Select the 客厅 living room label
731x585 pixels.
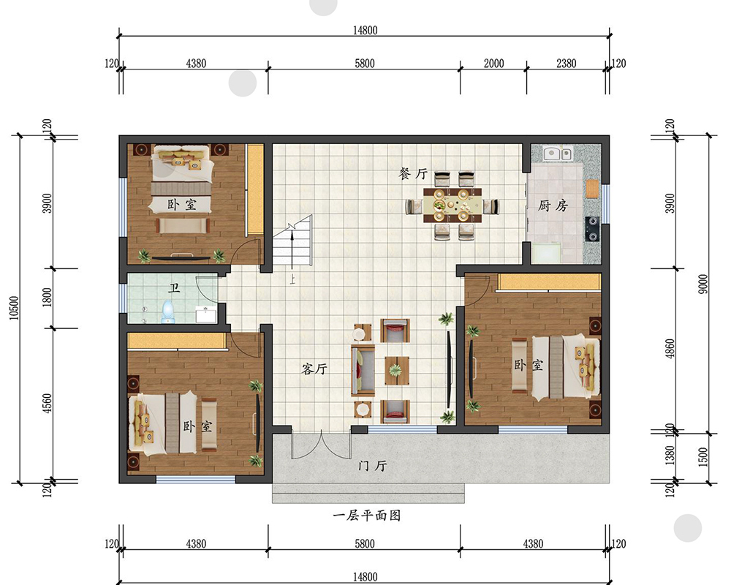click(x=314, y=369)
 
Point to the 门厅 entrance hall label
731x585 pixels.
click(x=372, y=466)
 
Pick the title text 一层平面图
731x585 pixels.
click(x=367, y=516)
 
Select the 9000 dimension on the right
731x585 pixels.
click(x=702, y=284)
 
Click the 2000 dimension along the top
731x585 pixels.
click(x=494, y=64)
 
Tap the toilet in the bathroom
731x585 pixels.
click(x=169, y=311)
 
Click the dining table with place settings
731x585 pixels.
click(x=452, y=205)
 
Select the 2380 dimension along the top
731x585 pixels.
click(x=566, y=64)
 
